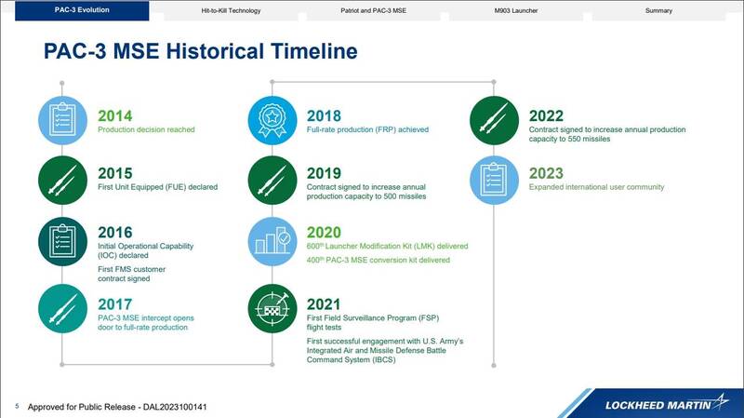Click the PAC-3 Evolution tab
(x=82, y=10)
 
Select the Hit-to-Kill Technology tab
(x=231, y=10)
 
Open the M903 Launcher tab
(x=516, y=10)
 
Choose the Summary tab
(x=658, y=10)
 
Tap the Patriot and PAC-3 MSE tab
(x=374, y=10)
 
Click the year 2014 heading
(x=114, y=115)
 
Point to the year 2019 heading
(x=324, y=173)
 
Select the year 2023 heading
(x=546, y=173)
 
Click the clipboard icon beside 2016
(x=62, y=241)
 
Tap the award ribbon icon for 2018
(x=272, y=120)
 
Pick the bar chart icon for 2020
(x=272, y=241)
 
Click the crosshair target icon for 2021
(x=272, y=308)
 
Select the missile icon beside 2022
(x=494, y=120)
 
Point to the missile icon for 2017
(x=62, y=308)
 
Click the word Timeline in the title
(x=313, y=51)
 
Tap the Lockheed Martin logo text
(x=658, y=405)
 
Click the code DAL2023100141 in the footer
(x=175, y=407)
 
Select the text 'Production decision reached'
(x=146, y=129)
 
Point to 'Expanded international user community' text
(x=596, y=187)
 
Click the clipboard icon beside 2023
(x=494, y=180)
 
